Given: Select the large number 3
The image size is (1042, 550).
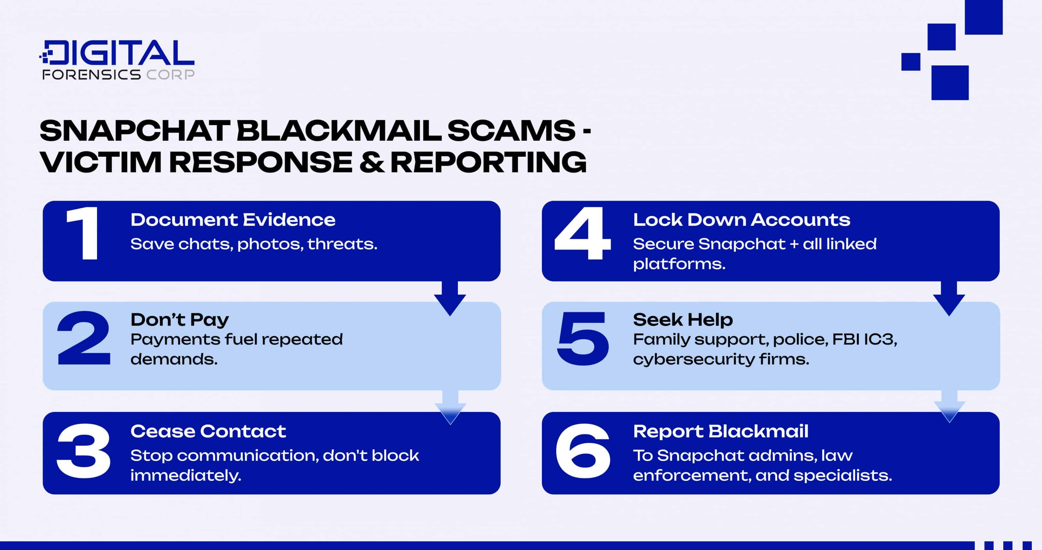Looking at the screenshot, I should pyautogui.click(x=84, y=450).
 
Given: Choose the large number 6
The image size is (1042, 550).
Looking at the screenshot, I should pyautogui.click(x=583, y=450).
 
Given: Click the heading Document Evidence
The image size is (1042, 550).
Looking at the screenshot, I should pyautogui.click(x=232, y=220).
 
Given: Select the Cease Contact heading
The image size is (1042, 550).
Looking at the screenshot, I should pyautogui.click(x=208, y=431).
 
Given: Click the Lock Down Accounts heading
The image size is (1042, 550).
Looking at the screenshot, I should pyautogui.click(x=741, y=220).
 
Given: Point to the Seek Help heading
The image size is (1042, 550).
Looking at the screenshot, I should pyautogui.click(x=683, y=320).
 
